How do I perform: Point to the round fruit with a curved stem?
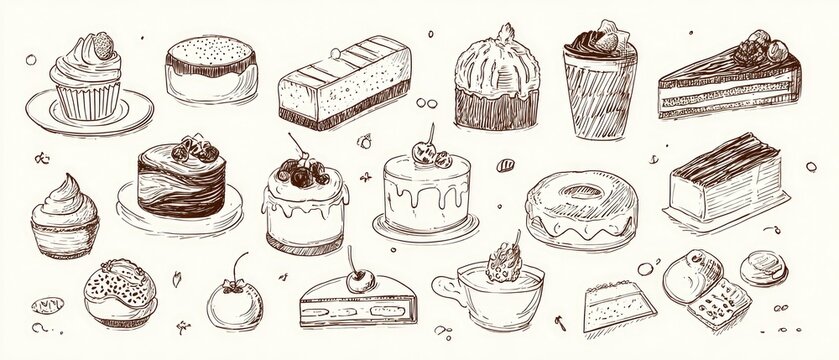tap(230, 296)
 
